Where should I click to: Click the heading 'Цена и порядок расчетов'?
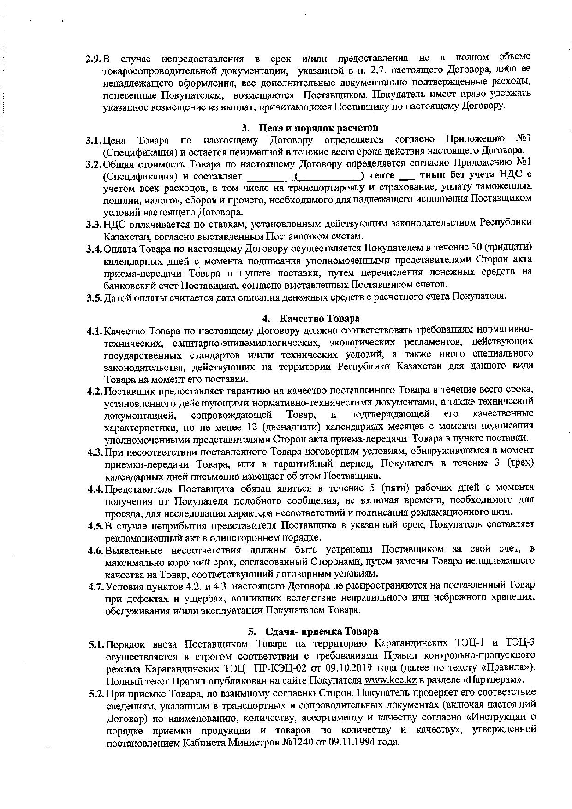pyautogui.click(x=319, y=127)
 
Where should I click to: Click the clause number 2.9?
pyautogui.click(x=93, y=59)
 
